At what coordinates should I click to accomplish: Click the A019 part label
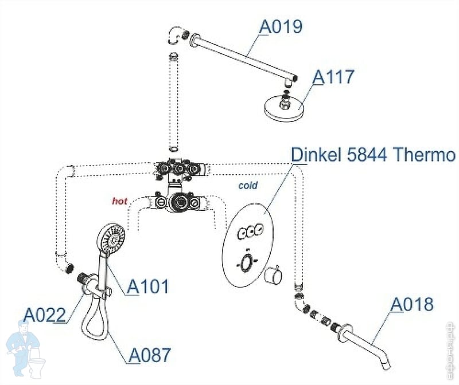(x=281, y=26)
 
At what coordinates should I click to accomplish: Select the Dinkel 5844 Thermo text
(x=374, y=155)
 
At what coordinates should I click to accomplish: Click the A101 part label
(x=148, y=286)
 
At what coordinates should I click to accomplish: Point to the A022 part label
(x=45, y=314)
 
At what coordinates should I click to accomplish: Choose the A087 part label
(x=149, y=355)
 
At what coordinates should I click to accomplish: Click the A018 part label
(x=412, y=304)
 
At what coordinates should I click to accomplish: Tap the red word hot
(x=120, y=201)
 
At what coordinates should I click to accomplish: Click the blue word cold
(x=248, y=186)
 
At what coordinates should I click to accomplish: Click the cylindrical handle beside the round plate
(x=274, y=276)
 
